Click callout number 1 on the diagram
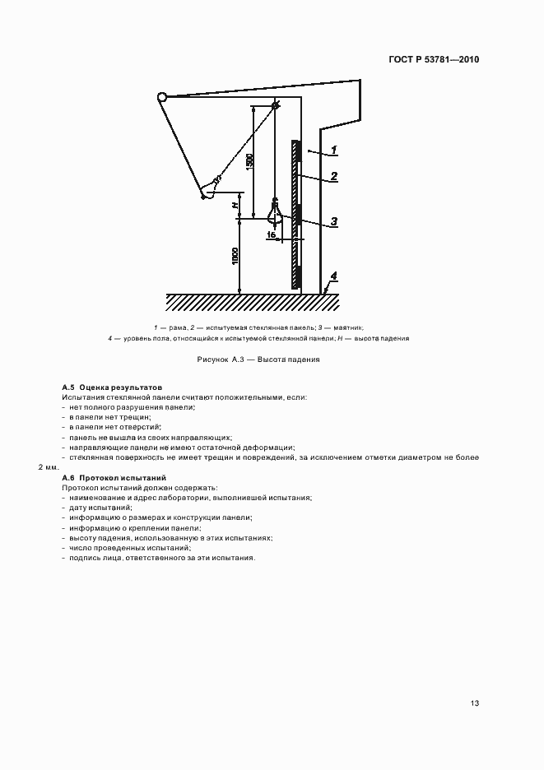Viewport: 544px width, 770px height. pyautogui.click(x=335, y=150)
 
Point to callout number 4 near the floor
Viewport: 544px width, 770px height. pyautogui.click(x=333, y=275)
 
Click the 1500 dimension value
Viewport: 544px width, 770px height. pyautogui.click(x=249, y=161)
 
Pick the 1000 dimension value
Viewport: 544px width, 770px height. pyautogui.click(x=235, y=256)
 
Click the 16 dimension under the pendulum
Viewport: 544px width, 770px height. pyautogui.click(x=271, y=234)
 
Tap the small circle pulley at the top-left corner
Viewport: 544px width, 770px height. pyautogui.click(x=161, y=97)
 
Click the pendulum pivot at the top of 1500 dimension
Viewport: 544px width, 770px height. pyautogui.click(x=276, y=105)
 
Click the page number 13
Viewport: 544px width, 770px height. pyautogui.click(x=475, y=703)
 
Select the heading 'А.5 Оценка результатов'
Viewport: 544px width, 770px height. pyautogui.click(x=112, y=387)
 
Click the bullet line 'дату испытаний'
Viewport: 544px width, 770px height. pyautogui.click(x=97, y=508)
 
